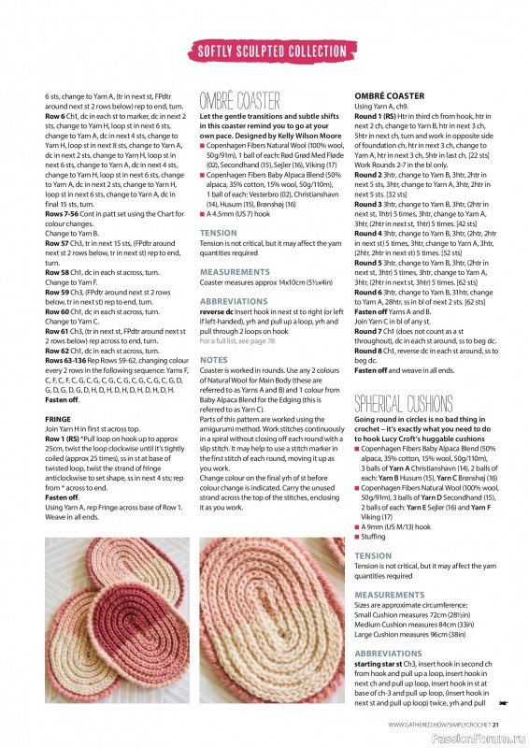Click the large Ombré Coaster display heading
240,100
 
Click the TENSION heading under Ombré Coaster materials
219,232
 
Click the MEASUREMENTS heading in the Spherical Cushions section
390,595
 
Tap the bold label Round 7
369,331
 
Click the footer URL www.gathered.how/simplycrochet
438,723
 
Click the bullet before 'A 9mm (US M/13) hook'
357,527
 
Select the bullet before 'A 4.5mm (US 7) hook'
202,213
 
